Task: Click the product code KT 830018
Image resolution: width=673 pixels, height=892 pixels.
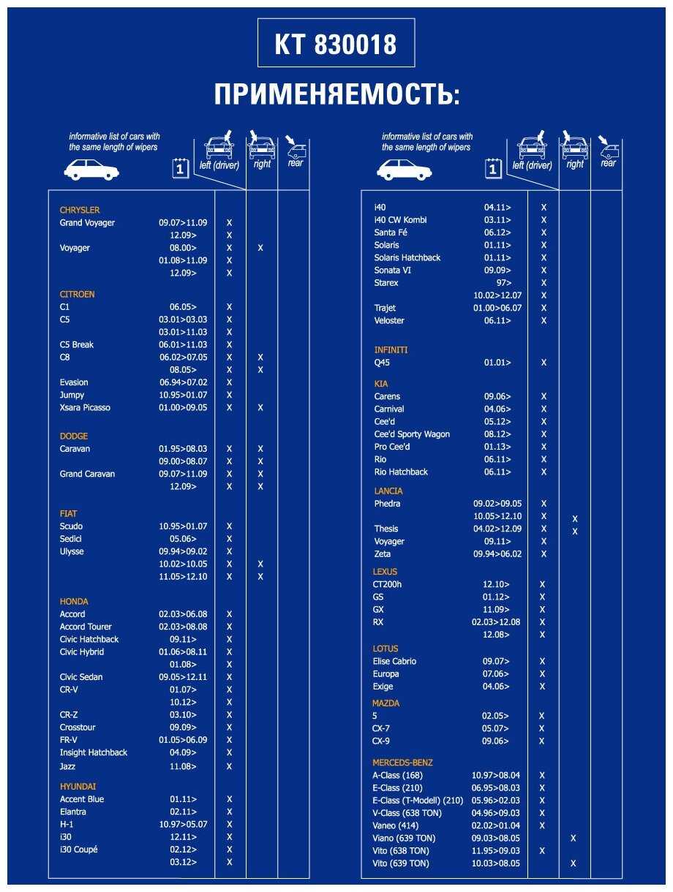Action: (336, 44)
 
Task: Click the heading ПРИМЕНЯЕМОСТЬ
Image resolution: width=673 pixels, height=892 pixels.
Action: (336, 94)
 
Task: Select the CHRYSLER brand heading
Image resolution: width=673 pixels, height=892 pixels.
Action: (80, 210)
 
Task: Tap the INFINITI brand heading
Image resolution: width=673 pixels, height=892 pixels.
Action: (391, 349)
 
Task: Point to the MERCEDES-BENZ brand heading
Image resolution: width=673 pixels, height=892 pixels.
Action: (402, 763)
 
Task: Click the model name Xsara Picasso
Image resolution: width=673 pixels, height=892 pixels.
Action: (85, 407)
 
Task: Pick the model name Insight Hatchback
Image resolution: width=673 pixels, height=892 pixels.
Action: (94, 752)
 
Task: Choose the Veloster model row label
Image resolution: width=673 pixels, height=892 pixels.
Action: (389, 320)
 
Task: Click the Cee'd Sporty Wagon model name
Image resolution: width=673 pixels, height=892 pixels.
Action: (412, 434)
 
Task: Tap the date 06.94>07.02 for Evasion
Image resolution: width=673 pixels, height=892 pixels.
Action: (183, 382)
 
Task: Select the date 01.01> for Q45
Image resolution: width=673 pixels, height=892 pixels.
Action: (497, 363)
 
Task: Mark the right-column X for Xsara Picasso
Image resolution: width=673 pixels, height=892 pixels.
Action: (260, 407)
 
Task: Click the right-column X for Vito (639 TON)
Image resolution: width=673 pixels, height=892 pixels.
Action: (574, 863)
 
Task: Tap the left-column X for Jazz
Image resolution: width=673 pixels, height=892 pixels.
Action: (229, 766)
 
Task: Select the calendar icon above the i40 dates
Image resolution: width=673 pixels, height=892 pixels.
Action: (493, 169)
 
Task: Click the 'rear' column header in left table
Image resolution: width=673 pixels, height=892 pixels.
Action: (295, 163)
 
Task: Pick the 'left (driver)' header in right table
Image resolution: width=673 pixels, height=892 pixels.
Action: (532, 165)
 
